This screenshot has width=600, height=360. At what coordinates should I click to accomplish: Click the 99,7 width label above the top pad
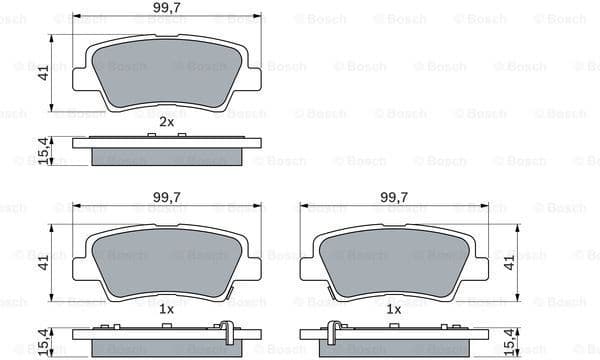[x=166, y=9]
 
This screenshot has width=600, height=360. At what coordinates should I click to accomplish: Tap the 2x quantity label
[x=167, y=122]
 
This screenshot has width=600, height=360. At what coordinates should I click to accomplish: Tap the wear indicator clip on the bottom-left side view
[x=228, y=331]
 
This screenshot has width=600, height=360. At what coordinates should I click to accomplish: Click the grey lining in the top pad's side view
[x=167, y=157]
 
